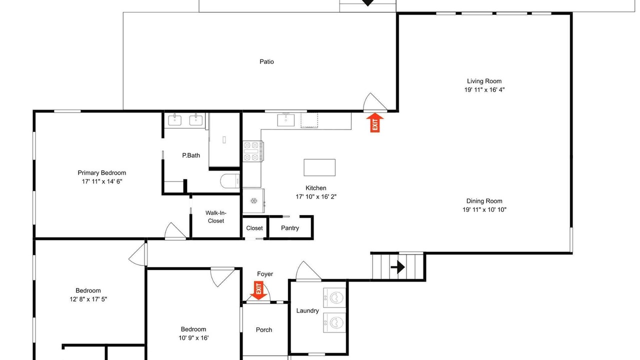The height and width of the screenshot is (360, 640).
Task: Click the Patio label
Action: click(266, 61)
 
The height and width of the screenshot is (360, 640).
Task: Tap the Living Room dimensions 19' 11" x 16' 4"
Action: click(484, 89)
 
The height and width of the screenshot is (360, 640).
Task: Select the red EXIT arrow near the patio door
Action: click(375, 122)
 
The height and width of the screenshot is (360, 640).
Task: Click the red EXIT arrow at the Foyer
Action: click(258, 290)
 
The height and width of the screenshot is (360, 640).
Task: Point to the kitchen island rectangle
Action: click(319, 167)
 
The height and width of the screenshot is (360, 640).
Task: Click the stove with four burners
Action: click(253, 151)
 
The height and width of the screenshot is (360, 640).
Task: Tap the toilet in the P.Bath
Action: click(230, 181)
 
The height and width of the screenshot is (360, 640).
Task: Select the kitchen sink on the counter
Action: click(285, 120)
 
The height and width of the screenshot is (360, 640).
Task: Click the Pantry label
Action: click(290, 228)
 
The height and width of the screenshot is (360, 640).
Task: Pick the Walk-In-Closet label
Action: click(216, 217)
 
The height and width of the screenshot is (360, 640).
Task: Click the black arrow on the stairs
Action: click(397, 267)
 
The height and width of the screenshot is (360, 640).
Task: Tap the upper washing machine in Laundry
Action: click(334, 297)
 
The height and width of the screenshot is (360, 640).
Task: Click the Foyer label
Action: click(265, 274)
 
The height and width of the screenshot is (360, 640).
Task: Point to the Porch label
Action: click(264, 329)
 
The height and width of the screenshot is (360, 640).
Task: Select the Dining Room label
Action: click(484, 201)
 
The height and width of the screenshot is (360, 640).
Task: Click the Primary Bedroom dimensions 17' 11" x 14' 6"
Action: click(102, 181)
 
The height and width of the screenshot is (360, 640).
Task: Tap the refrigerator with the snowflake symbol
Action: click(253, 200)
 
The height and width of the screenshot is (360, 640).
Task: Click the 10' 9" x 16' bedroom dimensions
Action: click(193, 338)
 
